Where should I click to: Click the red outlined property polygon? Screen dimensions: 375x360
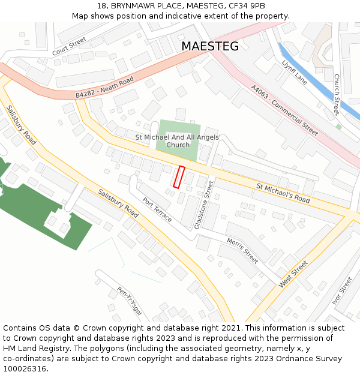178,177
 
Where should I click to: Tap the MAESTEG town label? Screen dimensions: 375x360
209,46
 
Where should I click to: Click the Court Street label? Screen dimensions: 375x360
69,46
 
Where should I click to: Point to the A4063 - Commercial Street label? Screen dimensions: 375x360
284,110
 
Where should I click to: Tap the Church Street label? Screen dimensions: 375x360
337,94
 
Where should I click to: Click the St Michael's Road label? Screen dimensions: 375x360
283,193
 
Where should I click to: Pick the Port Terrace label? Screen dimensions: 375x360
157,209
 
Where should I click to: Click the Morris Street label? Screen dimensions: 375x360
242,251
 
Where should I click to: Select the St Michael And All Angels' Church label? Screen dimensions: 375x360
178,141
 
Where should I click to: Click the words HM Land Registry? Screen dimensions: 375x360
32,348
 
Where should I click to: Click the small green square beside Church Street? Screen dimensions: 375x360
339,127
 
